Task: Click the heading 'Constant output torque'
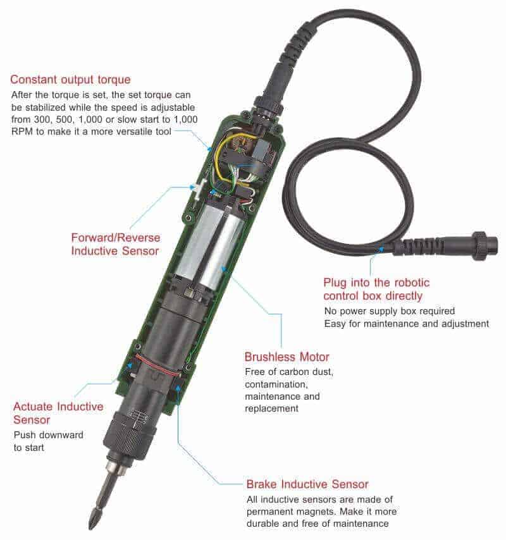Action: click(70, 80)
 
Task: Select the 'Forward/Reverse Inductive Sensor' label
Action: click(115, 244)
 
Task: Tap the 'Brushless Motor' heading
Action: click(287, 357)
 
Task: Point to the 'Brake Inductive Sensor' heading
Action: click(307, 484)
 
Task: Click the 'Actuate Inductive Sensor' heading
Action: click(58, 413)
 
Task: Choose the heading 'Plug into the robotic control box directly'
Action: click(376, 290)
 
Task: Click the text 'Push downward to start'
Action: click(48, 441)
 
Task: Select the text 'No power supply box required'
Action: click(389, 311)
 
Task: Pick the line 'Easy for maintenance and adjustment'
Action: click(407, 324)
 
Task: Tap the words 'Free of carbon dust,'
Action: click(289, 372)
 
